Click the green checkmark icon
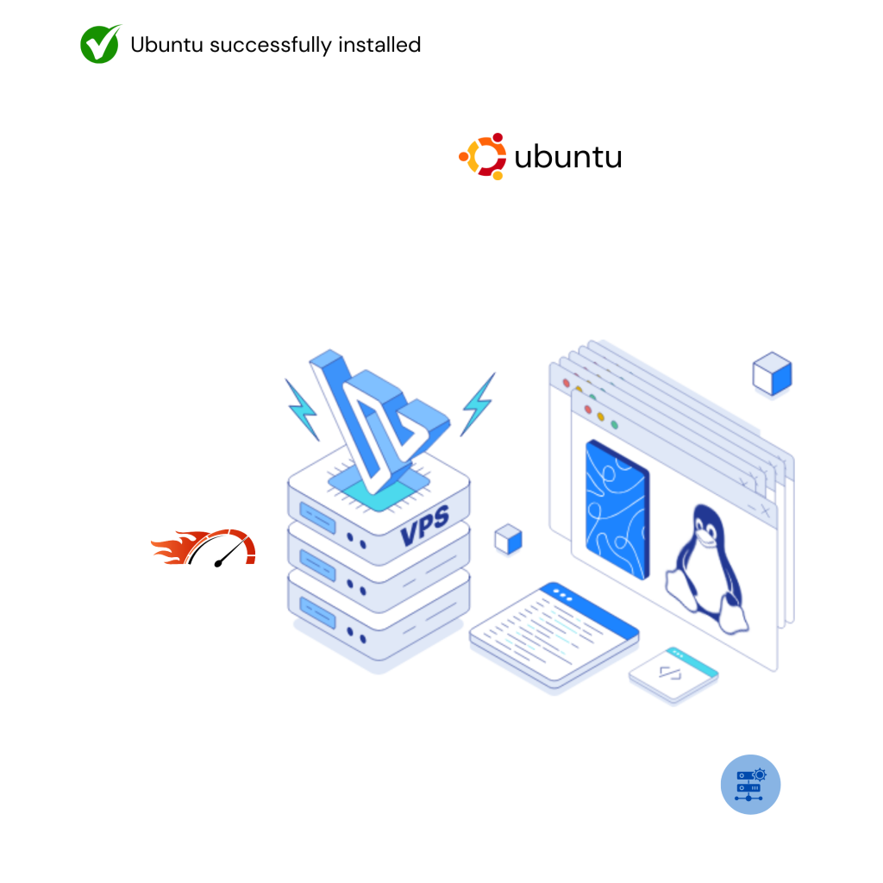point(100,44)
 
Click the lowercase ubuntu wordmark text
point(567,158)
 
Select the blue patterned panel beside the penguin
point(617,510)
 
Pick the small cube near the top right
point(771,375)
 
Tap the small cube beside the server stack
point(508,540)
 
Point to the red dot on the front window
point(587,409)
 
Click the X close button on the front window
point(765,510)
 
